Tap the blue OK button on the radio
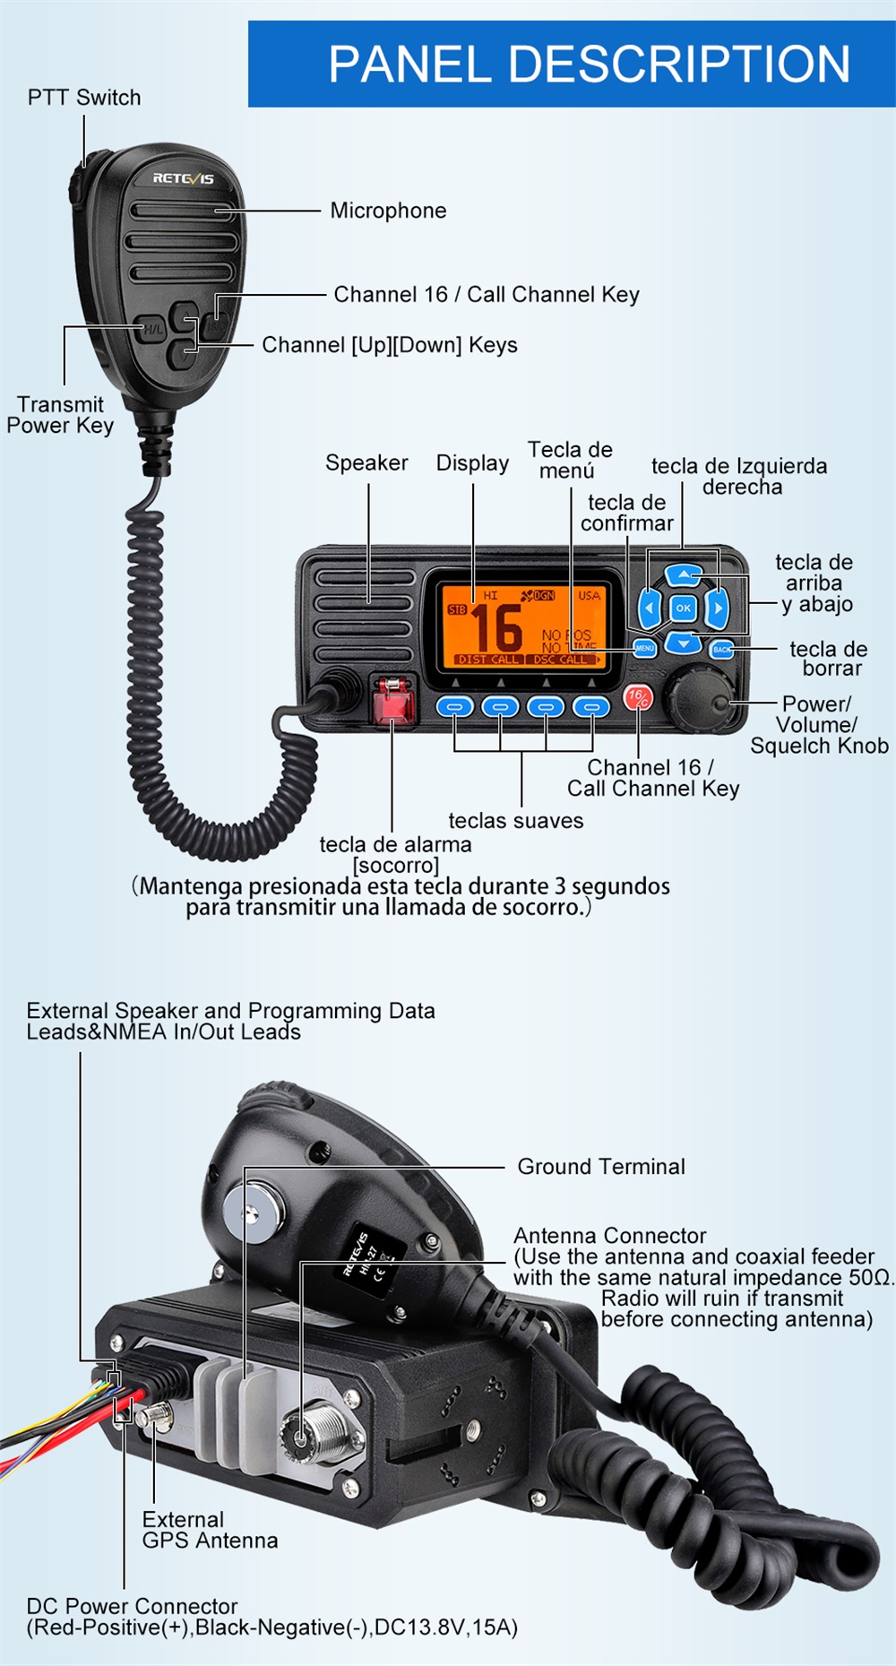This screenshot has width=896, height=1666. [x=683, y=608]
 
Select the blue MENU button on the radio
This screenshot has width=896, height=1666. [x=644, y=647]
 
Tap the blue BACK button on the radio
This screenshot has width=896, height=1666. [x=721, y=649]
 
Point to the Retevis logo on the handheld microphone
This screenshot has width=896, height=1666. [x=183, y=178]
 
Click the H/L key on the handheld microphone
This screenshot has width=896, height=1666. [x=153, y=329]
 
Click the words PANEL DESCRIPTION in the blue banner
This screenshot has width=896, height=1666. [x=589, y=65]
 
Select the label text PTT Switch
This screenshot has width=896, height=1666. [x=84, y=98]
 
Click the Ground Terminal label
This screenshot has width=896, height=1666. [x=600, y=1167]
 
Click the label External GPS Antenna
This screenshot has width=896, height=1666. [x=209, y=1530]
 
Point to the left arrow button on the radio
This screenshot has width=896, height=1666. [x=650, y=609]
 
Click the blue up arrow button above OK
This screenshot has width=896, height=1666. [x=684, y=574]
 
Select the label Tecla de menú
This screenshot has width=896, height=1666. [x=570, y=460]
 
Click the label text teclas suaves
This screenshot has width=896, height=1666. [x=515, y=820]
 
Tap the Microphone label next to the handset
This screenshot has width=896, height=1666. [x=388, y=211]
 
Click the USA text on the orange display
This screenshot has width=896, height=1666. [x=589, y=595]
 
